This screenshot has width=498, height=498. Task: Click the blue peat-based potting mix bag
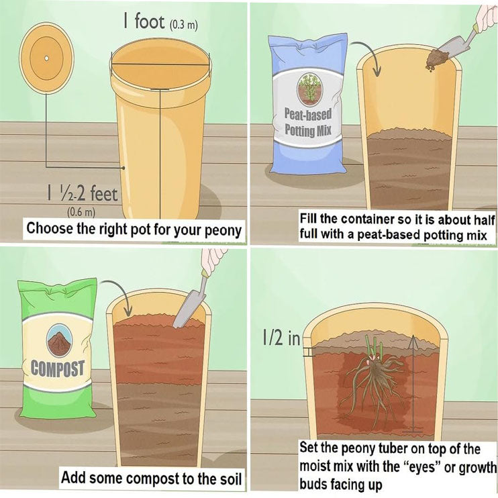[x=307, y=104]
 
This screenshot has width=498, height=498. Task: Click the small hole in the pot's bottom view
[x=46, y=58]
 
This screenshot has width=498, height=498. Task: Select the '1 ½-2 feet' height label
[x=83, y=193]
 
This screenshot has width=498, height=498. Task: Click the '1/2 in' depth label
[x=281, y=338]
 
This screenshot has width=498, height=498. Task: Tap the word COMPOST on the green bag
[x=58, y=369]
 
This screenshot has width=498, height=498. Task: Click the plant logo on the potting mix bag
[x=309, y=89]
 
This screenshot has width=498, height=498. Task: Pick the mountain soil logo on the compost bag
[x=59, y=340]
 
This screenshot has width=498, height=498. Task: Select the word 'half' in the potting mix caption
[x=485, y=219]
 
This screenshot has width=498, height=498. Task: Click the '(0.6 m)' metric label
[x=81, y=212]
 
